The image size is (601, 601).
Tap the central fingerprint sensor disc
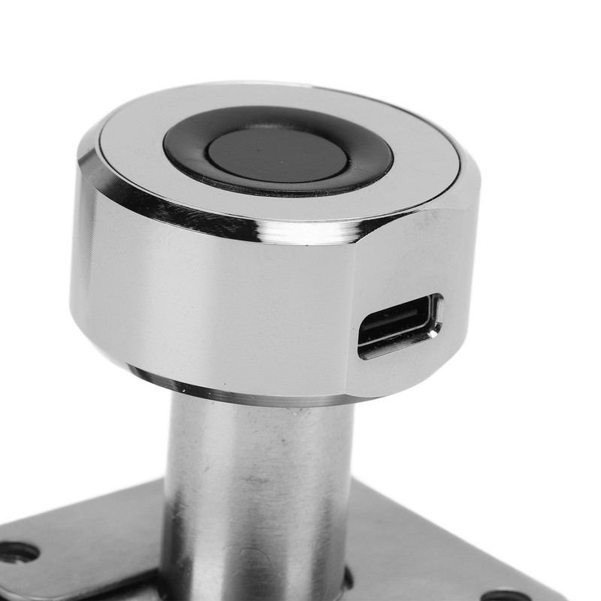(277, 155)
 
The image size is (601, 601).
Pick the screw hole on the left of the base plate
(18, 552)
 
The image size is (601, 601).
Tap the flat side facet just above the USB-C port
(406, 255)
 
